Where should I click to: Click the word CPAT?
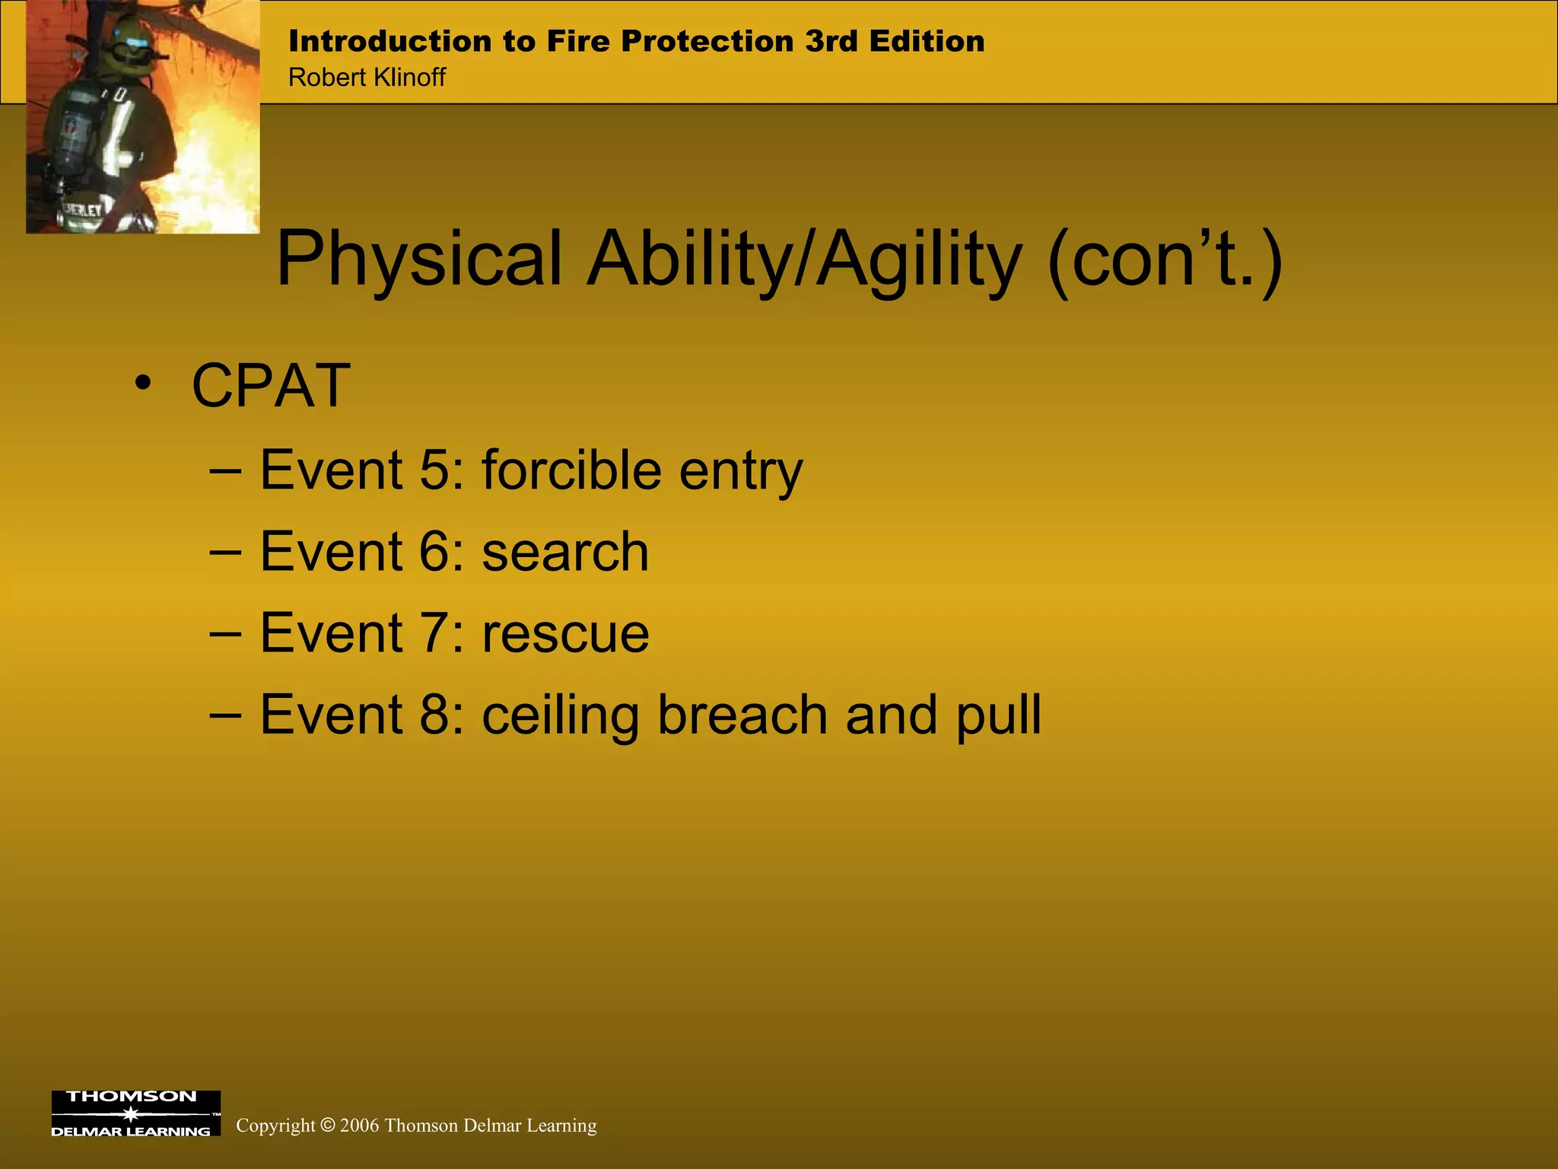[x=271, y=387]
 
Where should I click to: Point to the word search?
[x=565, y=552]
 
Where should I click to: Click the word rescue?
[x=565, y=634]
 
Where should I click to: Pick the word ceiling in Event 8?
[x=560, y=716]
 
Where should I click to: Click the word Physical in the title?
[x=419, y=260]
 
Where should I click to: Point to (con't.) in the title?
[x=1165, y=260]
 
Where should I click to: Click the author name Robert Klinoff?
[x=367, y=78]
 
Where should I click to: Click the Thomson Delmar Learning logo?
[x=135, y=1113]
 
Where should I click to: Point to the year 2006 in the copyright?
[x=359, y=1126]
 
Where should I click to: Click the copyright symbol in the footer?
[x=327, y=1126]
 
